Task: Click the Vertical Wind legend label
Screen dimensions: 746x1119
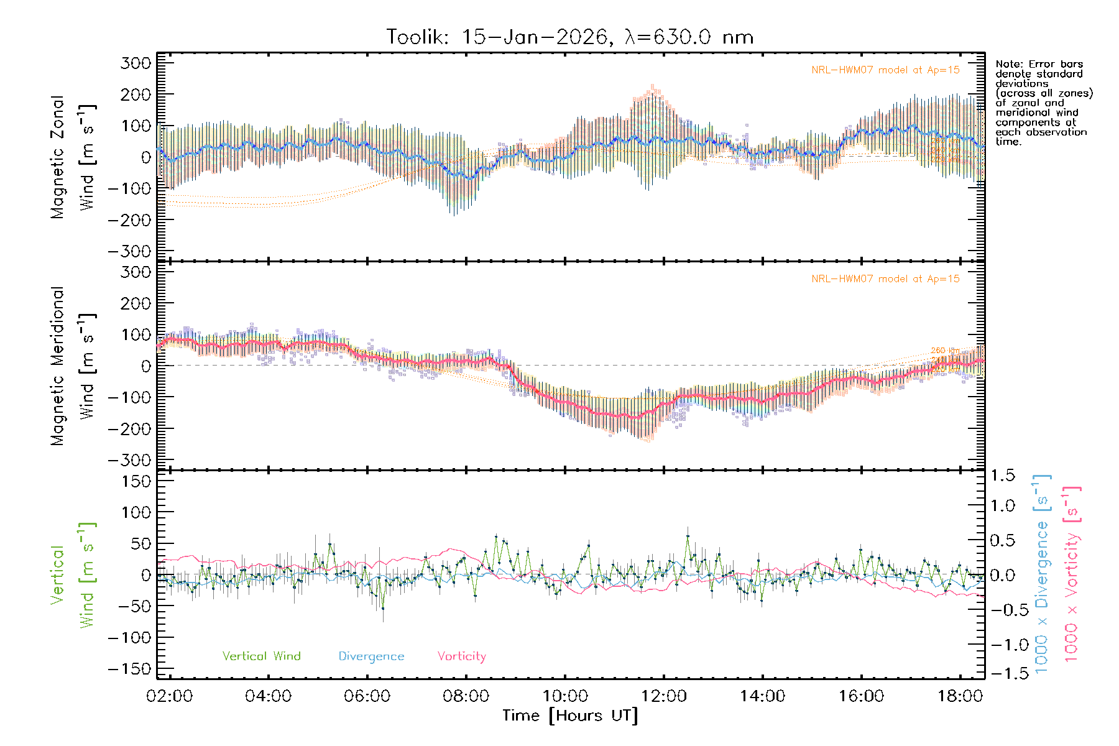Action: pyautogui.click(x=261, y=656)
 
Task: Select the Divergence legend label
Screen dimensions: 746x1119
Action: pyautogui.click(x=371, y=656)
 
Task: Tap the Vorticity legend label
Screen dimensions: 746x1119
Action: pyautogui.click(x=461, y=656)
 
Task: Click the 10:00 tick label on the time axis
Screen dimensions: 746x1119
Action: pyautogui.click(x=565, y=696)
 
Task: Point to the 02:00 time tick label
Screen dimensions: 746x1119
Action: pyautogui.click(x=169, y=696)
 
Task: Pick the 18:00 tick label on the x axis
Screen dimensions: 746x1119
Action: pyautogui.click(x=960, y=696)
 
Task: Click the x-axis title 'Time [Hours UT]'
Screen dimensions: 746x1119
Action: pyautogui.click(x=570, y=716)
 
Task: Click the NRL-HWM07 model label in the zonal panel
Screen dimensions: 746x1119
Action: pyautogui.click(x=885, y=70)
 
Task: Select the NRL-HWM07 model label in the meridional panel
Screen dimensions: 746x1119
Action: pyautogui.click(x=885, y=279)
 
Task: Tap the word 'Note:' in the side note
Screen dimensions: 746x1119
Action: pyautogui.click(x=1009, y=64)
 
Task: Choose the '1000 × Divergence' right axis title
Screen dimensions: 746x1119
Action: pyautogui.click(x=1042, y=574)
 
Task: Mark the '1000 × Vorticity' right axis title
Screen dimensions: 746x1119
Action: pyautogui.click(x=1072, y=574)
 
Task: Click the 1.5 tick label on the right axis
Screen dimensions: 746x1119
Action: pyautogui.click(x=1002, y=476)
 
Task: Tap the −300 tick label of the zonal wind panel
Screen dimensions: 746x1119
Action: pyautogui.click(x=129, y=252)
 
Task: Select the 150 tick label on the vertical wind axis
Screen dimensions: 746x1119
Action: pyautogui.click(x=137, y=481)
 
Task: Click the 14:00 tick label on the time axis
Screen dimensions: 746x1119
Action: pyautogui.click(x=762, y=696)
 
